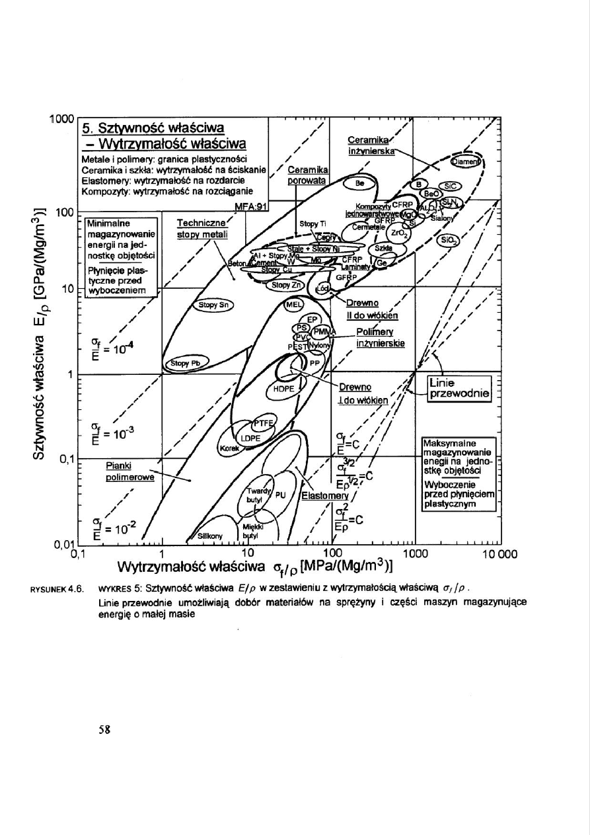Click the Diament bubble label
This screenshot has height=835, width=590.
466,161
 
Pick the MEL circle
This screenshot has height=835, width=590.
292,305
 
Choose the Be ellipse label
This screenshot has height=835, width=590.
360,182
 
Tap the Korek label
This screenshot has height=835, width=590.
229,448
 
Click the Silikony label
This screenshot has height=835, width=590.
211,536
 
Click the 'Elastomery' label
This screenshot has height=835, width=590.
324,495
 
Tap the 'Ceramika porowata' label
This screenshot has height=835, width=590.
310,175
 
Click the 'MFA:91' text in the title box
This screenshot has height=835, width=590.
250,206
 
